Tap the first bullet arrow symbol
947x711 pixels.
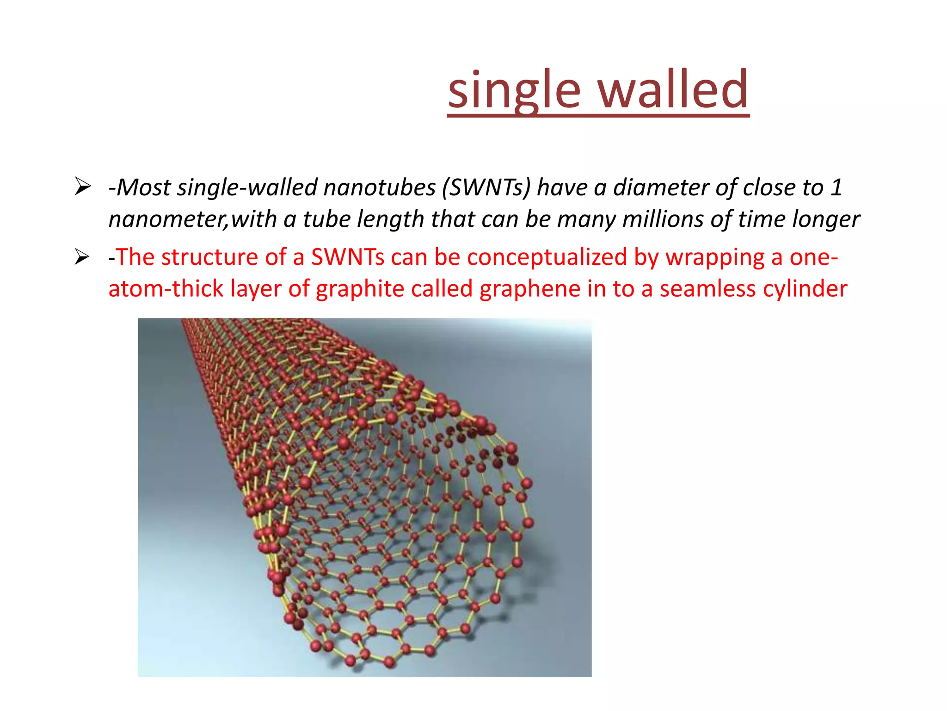(82, 187)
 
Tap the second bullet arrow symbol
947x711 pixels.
(82, 257)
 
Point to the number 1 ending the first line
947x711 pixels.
(836, 188)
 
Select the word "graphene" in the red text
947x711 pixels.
(530, 289)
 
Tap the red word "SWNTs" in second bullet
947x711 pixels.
(347, 257)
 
